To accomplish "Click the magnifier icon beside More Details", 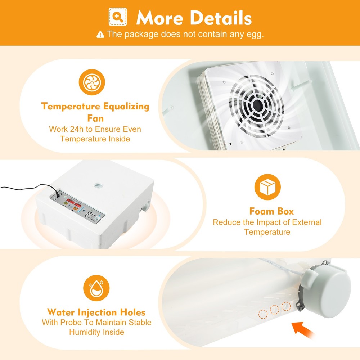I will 118,17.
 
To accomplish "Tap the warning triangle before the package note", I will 100,35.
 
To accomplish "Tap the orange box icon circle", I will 267,187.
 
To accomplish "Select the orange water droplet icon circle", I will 96,288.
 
